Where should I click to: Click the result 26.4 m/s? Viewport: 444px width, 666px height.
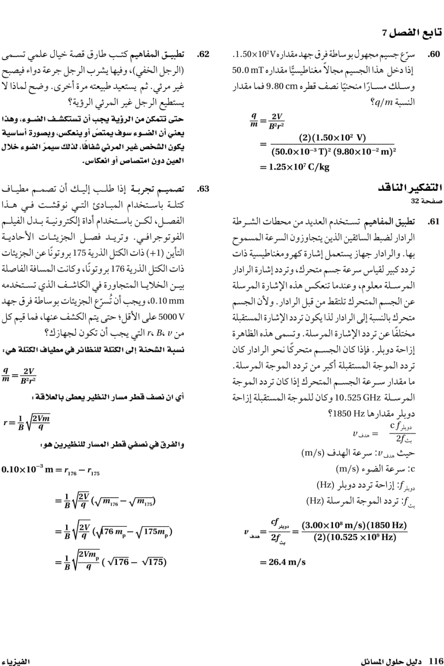282,561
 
